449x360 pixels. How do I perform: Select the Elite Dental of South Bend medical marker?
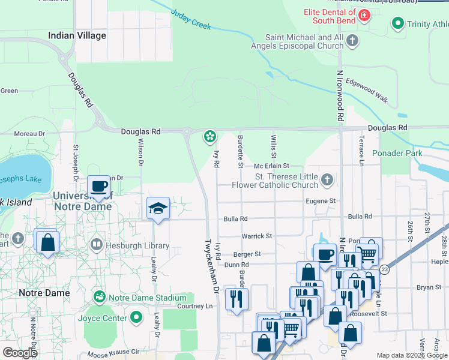point(363,16)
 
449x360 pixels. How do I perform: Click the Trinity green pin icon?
point(397,25)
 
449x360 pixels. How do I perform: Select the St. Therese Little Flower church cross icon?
point(327,179)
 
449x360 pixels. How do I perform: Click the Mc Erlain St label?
point(271,166)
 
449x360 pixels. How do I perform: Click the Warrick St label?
point(257,236)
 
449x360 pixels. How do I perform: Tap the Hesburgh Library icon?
point(96,245)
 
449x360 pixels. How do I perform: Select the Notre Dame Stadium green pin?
point(100,297)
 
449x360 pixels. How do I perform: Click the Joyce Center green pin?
point(136,317)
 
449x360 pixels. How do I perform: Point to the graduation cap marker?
point(157,208)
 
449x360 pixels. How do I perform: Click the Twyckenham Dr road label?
point(211,265)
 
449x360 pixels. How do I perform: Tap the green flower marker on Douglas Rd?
point(209,137)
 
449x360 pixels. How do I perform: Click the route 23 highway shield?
point(383,270)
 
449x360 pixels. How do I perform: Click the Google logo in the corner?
point(19,353)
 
